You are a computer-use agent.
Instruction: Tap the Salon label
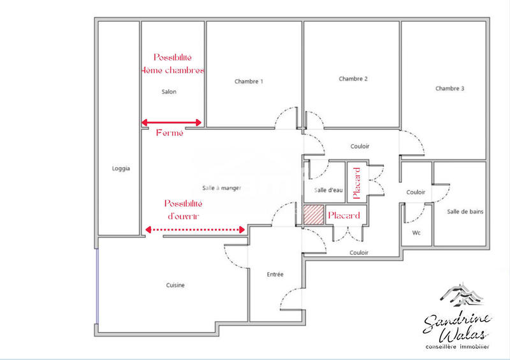click(x=169, y=92)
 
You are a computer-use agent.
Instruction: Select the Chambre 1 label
click(x=249, y=82)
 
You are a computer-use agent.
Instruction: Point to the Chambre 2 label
click(x=353, y=79)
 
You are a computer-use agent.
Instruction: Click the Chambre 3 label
click(x=449, y=89)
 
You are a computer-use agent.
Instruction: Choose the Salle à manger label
click(x=222, y=187)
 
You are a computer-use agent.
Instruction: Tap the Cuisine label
click(x=175, y=285)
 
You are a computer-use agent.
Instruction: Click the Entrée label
click(x=275, y=274)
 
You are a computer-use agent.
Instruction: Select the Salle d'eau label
click(x=328, y=190)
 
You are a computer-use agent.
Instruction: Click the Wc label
click(x=416, y=233)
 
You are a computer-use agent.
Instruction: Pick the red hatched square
click(x=313, y=215)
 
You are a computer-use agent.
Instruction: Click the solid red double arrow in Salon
click(x=171, y=122)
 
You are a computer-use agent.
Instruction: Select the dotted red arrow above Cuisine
click(x=196, y=229)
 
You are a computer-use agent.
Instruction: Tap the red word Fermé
click(x=170, y=133)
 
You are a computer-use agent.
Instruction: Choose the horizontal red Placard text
click(x=344, y=216)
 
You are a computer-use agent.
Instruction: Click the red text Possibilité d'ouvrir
click(x=183, y=210)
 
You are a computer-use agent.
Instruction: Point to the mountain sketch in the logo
click(x=460, y=294)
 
